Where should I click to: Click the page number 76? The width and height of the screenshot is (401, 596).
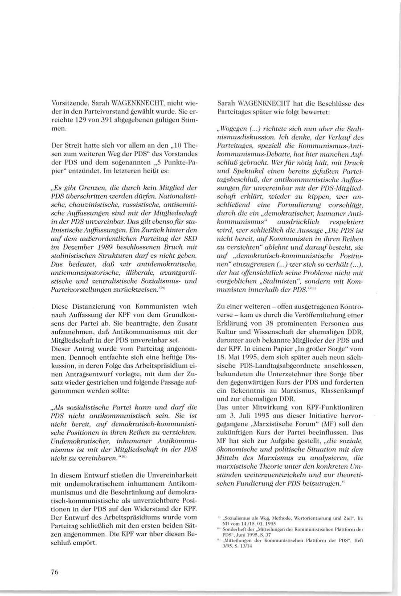click(x=55, y=572)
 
